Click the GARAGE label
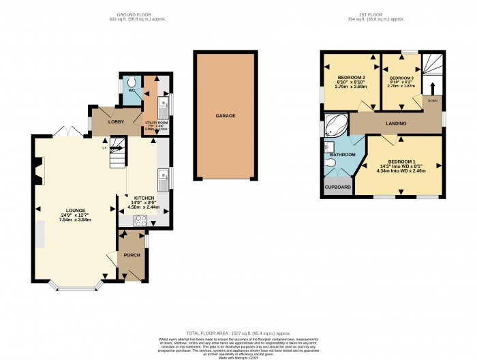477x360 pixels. click(x=226, y=116)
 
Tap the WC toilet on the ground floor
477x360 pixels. click(x=132, y=85)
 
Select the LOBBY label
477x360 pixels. click(x=106, y=121)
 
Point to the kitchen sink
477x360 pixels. click(x=164, y=181)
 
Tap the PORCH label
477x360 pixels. click(x=131, y=255)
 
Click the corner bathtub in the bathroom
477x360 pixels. click(x=335, y=125)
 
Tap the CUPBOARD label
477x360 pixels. click(x=337, y=187)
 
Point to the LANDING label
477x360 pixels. click(x=396, y=124)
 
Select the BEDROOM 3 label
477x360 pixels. click(x=401, y=78)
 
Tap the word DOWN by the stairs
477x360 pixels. click(x=433, y=101)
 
